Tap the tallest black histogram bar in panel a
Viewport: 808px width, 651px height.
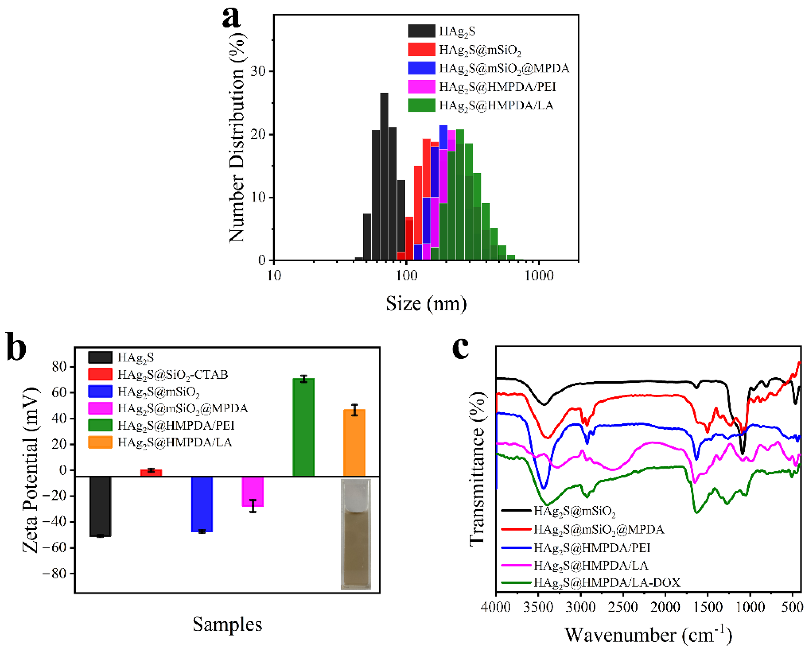pos(384,176)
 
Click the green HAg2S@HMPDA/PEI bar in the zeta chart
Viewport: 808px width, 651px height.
pos(304,427)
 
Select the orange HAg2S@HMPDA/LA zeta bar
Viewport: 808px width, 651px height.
pos(354,443)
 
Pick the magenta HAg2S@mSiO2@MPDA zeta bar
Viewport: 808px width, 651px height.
pos(253,492)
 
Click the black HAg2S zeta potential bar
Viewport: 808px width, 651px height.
pos(100,506)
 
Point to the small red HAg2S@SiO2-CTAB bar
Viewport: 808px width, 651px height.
pos(151,473)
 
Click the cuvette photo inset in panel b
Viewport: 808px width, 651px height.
pos(356,534)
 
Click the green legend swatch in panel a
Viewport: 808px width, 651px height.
pos(421,105)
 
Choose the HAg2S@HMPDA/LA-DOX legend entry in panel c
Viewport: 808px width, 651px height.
pos(607,582)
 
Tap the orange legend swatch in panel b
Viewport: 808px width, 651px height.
pos(100,442)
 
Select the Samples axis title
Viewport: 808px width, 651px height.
pos(227,624)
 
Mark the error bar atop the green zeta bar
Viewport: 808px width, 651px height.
pos(304,379)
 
